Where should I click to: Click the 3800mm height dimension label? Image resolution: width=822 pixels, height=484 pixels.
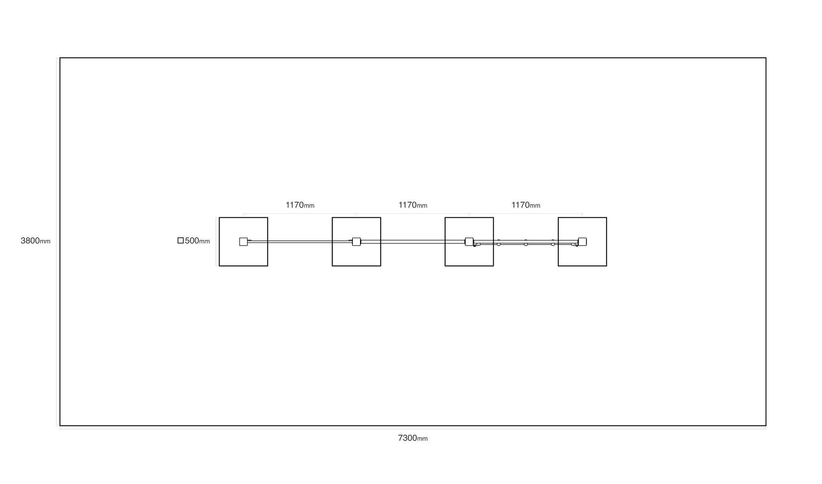tap(35, 241)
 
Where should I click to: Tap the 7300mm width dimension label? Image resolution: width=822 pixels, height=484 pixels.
tap(413, 438)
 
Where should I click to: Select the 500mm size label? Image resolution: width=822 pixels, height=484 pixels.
tap(197, 241)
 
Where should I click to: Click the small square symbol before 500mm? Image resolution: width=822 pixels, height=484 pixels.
tap(181, 241)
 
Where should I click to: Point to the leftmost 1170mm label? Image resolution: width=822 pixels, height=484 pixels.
tap(300, 205)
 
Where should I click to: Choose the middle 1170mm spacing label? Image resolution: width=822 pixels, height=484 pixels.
tap(413, 205)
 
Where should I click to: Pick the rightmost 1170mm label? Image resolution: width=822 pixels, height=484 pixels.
tap(526, 205)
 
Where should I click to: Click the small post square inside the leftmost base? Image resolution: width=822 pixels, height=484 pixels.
tap(243, 242)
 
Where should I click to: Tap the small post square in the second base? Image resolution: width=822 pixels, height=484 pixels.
tap(356, 242)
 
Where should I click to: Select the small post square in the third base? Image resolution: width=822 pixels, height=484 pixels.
tap(469, 242)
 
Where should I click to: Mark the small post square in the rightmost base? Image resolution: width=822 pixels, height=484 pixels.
tap(582, 242)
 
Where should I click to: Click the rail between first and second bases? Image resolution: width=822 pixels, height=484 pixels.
tap(300, 242)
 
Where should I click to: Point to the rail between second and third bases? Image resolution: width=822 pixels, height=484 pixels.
tap(413, 242)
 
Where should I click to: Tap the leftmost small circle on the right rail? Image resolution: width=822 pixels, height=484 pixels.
tap(498, 244)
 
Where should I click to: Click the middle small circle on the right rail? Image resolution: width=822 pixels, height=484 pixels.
tap(526, 244)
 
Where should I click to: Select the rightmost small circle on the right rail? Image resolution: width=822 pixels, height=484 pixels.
tap(553, 244)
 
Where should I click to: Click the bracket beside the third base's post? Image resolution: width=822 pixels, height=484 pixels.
tap(476, 244)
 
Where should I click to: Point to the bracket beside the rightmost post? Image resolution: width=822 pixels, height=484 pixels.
tap(575, 244)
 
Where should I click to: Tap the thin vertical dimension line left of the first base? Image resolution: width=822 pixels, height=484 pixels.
tap(216, 242)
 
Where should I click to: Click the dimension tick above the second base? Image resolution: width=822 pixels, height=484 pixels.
tap(356, 215)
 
